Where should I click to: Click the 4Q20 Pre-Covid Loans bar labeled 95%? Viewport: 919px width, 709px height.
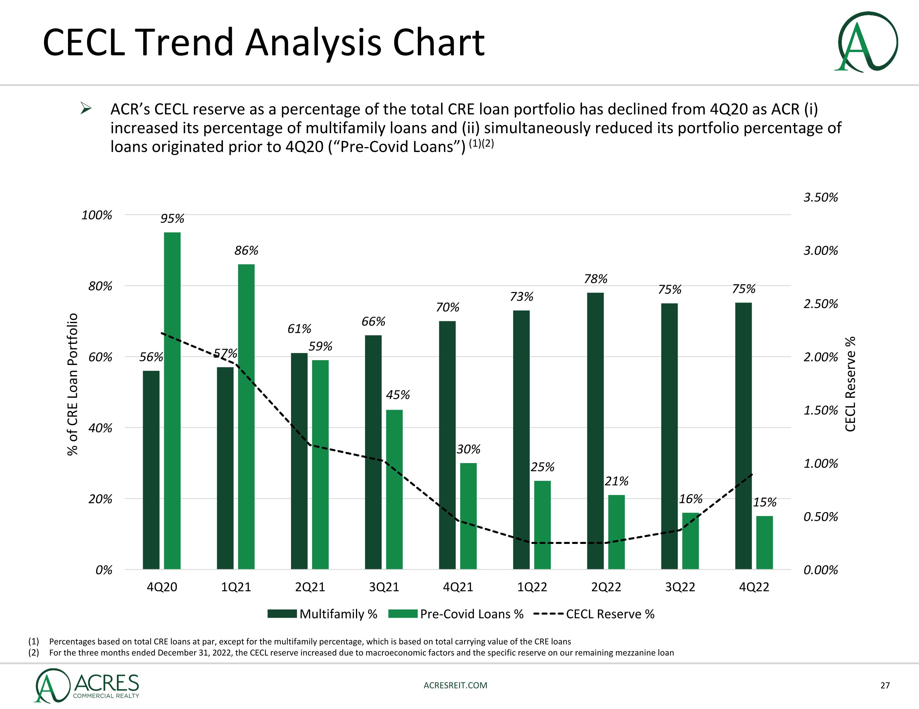[x=172, y=400]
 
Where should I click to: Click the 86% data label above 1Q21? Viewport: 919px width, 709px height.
[x=246, y=251]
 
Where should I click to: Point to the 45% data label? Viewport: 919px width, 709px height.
[x=398, y=395]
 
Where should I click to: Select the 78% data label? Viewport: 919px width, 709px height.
[x=596, y=279]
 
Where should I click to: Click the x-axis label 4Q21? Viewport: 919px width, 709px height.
[x=458, y=587]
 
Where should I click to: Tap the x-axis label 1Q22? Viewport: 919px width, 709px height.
[x=532, y=587]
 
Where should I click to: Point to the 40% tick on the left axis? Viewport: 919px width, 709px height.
[x=100, y=428]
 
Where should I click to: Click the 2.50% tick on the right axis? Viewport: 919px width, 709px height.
[x=821, y=304]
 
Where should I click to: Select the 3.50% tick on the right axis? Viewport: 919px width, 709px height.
[x=821, y=197]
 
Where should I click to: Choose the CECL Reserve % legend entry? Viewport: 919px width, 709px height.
[x=594, y=614]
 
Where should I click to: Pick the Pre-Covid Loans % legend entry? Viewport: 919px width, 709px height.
[x=456, y=614]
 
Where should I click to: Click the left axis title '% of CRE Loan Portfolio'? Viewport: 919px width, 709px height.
[x=73, y=384]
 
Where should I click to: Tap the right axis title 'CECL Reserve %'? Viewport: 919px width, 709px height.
[x=850, y=384]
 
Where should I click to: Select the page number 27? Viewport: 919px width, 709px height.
[x=885, y=685]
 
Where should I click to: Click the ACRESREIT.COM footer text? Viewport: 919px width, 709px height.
[x=455, y=685]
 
